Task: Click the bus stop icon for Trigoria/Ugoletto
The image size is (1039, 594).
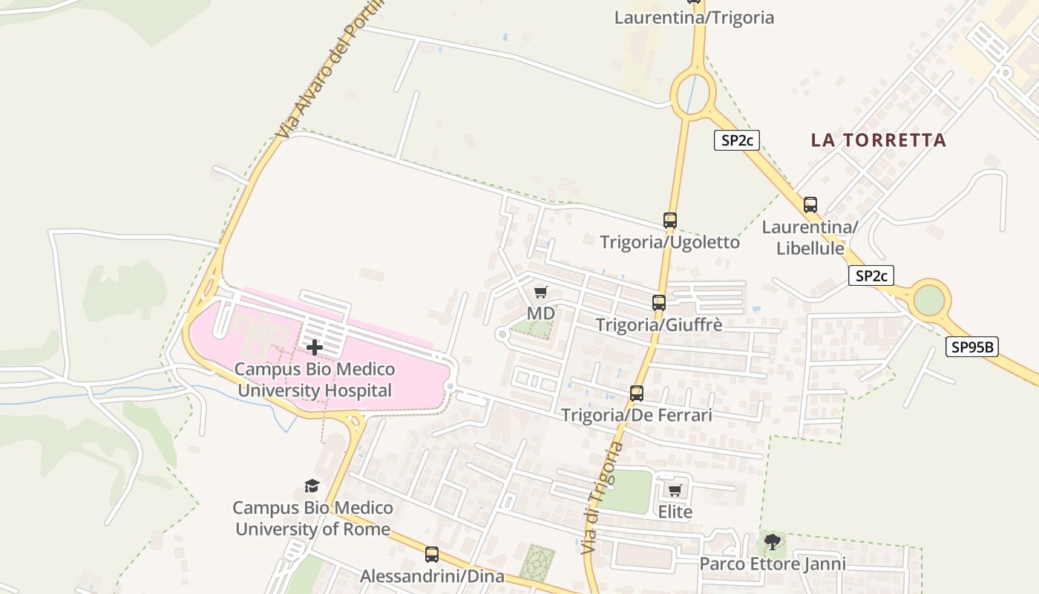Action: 670,221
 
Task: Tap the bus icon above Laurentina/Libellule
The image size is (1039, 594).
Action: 810,205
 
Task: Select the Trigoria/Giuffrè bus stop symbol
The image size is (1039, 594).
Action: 659,303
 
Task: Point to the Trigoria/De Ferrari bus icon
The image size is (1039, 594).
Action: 637,394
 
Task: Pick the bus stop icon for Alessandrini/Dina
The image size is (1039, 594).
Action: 432,555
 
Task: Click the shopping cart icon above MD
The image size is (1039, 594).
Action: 541,292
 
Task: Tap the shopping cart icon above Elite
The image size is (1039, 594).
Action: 675,490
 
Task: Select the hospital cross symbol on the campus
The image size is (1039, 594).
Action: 315,347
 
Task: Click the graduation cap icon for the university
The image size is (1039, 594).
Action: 312,486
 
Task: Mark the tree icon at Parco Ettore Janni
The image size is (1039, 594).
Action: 773,541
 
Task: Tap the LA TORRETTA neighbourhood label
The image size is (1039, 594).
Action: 879,140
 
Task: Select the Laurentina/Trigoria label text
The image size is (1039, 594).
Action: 694,18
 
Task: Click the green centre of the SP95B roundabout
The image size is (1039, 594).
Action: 929,300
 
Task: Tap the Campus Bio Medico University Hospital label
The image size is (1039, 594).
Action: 315,380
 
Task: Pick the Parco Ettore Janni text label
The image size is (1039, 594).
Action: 773,564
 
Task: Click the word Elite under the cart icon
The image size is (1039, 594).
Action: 675,512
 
